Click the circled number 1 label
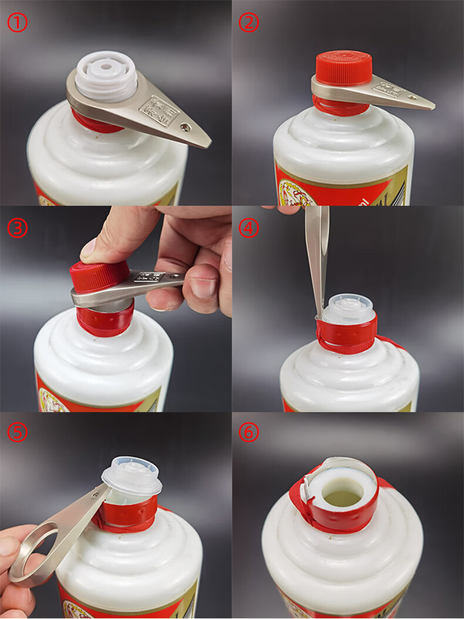17,22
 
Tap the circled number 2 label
249,22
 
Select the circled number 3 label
17,227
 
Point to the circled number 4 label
249,227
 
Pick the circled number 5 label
17,433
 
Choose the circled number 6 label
249,433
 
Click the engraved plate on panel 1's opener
158,111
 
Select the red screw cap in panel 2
344,67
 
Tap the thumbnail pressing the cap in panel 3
88,248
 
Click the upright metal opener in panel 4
317,253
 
